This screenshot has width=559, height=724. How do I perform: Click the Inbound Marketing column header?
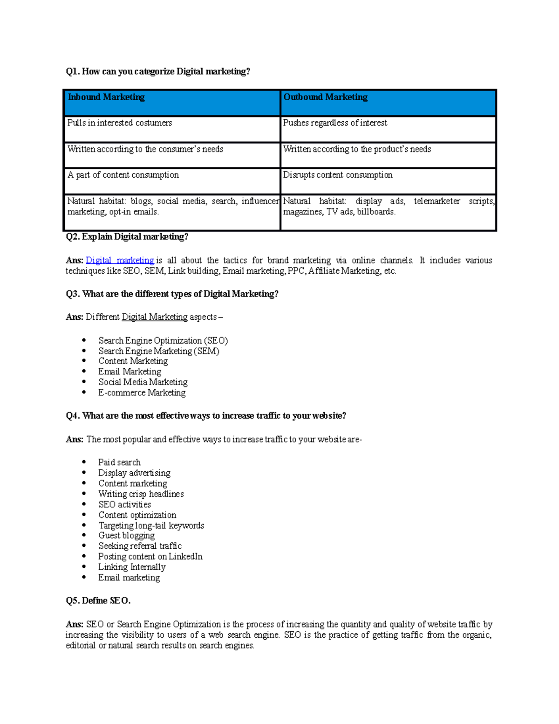[106, 97]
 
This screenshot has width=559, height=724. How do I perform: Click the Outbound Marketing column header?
[326, 97]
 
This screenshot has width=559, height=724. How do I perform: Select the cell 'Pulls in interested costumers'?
[120, 123]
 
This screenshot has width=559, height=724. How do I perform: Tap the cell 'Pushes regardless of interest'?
[335, 123]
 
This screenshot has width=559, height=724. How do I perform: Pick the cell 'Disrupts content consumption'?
[338, 175]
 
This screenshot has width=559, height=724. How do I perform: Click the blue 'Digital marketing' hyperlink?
[120, 261]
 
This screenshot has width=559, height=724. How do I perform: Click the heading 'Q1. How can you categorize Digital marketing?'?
[158, 71]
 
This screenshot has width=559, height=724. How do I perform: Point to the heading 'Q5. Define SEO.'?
[98, 601]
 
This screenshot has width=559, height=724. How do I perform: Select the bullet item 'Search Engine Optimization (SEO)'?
[163, 341]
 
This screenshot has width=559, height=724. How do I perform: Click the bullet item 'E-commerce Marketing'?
[142, 393]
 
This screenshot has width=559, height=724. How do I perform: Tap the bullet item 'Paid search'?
[119, 462]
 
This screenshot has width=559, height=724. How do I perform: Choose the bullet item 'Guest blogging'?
[126, 536]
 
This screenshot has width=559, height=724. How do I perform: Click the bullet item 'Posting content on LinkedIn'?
[150, 557]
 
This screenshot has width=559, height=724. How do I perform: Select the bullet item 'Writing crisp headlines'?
[141, 494]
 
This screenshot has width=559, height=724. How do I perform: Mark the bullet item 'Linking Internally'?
[132, 567]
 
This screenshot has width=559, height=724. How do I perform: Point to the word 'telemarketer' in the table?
[436, 201]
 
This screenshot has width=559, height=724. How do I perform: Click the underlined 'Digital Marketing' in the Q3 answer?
[155, 317]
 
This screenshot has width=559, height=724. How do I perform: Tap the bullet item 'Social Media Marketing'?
[143, 382]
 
